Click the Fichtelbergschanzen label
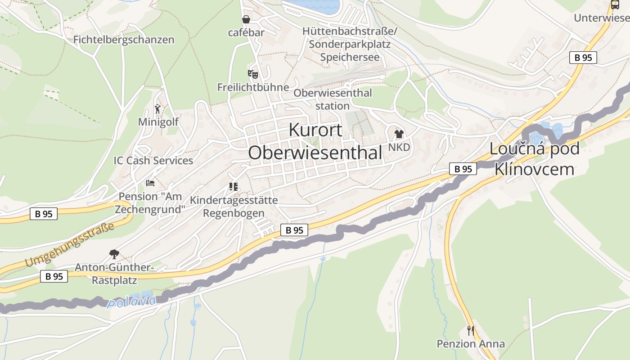click(124, 40)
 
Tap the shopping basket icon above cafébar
click(246, 19)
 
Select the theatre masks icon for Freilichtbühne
click(253, 74)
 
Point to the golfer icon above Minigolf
click(157, 109)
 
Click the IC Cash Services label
click(153, 161)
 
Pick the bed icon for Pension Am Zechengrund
click(150, 183)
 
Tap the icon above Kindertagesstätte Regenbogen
click(234, 186)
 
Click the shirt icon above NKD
click(399, 134)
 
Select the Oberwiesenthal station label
click(333, 99)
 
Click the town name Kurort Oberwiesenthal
click(315, 141)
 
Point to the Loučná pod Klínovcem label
click(534, 159)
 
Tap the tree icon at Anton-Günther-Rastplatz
click(114, 254)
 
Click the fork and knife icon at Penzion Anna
click(471, 331)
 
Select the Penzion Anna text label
click(471, 344)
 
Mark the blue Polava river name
click(131, 301)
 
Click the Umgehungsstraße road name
click(70, 245)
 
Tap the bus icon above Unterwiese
click(615, 5)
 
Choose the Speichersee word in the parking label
click(350, 57)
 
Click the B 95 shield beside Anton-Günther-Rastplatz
click(54, 276)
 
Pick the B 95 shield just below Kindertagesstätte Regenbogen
click(294, 230)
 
